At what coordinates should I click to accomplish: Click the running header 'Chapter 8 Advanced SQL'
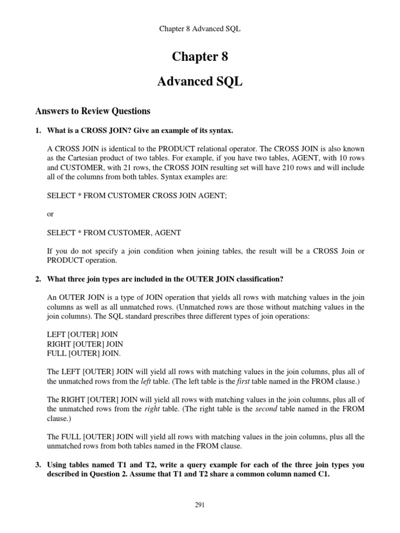(x=199, y=29)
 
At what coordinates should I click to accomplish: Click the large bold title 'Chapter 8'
(x=200, y=57)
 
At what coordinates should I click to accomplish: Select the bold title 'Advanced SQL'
(x=200, y=83)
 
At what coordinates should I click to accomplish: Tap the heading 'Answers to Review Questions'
(x=93, y=111)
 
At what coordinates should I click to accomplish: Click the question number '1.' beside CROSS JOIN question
(x=39, y=130)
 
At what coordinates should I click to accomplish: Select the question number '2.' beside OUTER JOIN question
(x=39, y=279)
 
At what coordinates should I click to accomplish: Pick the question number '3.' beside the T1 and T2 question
(x=39, y=465)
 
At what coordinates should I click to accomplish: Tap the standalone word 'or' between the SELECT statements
(x=51, y=214)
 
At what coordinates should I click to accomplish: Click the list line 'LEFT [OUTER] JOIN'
(x=82, y=335)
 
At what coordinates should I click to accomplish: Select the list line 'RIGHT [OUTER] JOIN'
(x=85, y=344)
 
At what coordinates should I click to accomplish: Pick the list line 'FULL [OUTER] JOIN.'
(x=84, y=353)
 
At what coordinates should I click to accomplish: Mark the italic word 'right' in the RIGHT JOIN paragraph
(x=152, y=409)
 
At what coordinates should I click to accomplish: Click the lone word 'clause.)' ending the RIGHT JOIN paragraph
(x=58, y=418)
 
